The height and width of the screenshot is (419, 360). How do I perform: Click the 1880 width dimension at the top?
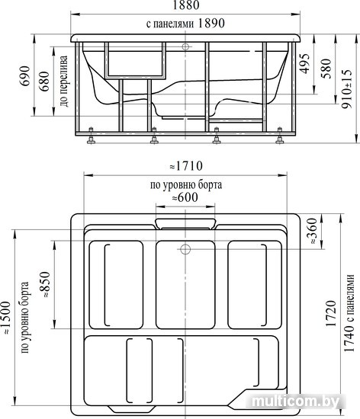186,5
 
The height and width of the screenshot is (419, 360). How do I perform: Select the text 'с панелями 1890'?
185,24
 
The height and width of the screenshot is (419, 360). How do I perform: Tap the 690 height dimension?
25,75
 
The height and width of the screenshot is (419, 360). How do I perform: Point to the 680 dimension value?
44,81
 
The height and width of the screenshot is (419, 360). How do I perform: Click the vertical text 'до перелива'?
64,81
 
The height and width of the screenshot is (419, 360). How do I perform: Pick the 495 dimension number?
304,63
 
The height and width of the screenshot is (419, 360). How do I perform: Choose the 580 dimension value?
326,69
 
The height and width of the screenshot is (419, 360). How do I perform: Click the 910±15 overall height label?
347,88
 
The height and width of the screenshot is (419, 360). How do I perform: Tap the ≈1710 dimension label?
186,166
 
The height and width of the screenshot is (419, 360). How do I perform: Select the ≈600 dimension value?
185,198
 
